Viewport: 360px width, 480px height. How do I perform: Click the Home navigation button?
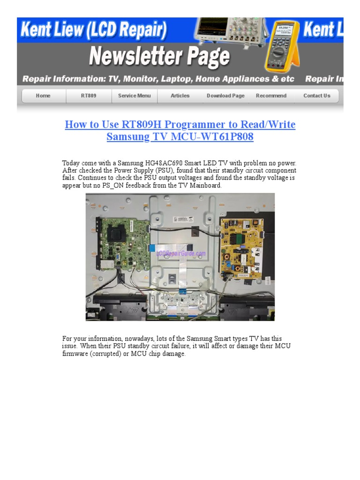(43, 96)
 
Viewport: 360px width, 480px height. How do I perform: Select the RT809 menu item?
(89, 96)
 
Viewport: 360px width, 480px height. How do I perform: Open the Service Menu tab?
(135, 96)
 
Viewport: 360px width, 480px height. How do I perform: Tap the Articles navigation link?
(180, 96)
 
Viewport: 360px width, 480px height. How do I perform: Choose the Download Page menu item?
(225, 96)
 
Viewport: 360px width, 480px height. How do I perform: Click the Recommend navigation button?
(271, 96)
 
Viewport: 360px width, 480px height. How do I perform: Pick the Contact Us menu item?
(316, 96)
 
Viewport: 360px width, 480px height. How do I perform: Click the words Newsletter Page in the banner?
(159, 57)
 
